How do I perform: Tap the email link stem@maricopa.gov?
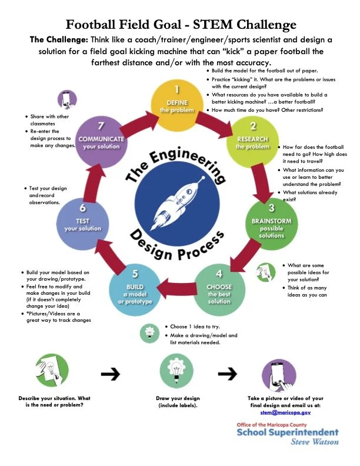(x=285, y=412)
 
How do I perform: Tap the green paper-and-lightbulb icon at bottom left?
(x=50, y=372)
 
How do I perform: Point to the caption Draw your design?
(x=177, y=399)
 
